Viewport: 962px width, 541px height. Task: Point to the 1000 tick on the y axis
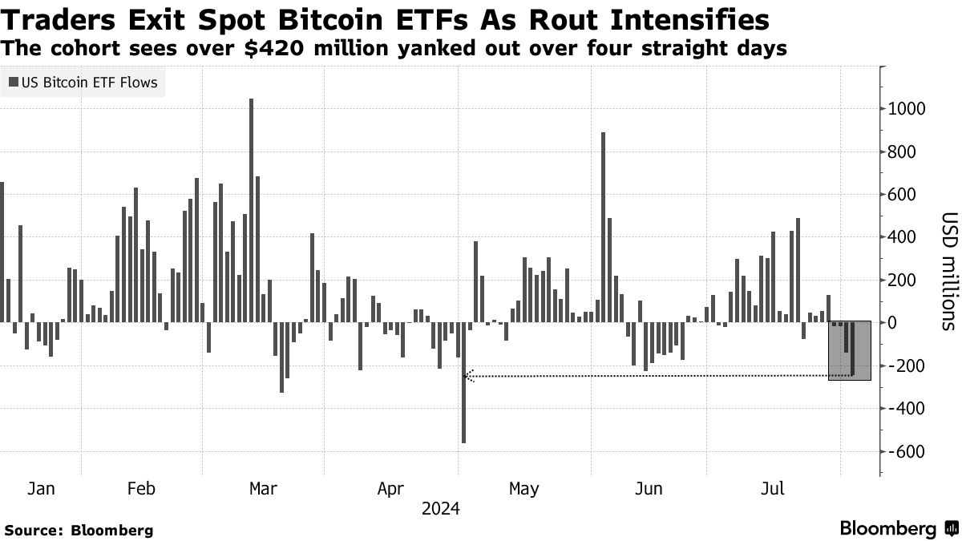coord(904,109)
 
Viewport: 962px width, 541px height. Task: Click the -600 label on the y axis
coord(904,452)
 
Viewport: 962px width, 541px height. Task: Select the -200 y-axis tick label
coord(904,366)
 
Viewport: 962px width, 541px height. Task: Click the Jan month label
coord(41,488)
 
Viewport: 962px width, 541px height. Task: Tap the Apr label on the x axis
coord(390,488)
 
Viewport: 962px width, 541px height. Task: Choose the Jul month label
coord(772,488)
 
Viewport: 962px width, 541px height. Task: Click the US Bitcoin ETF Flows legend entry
coord(83,82)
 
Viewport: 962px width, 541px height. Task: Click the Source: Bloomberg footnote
coord(79,530)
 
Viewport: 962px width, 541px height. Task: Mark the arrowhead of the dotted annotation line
coord(470,375)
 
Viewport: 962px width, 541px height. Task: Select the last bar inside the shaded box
coord(852,349)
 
